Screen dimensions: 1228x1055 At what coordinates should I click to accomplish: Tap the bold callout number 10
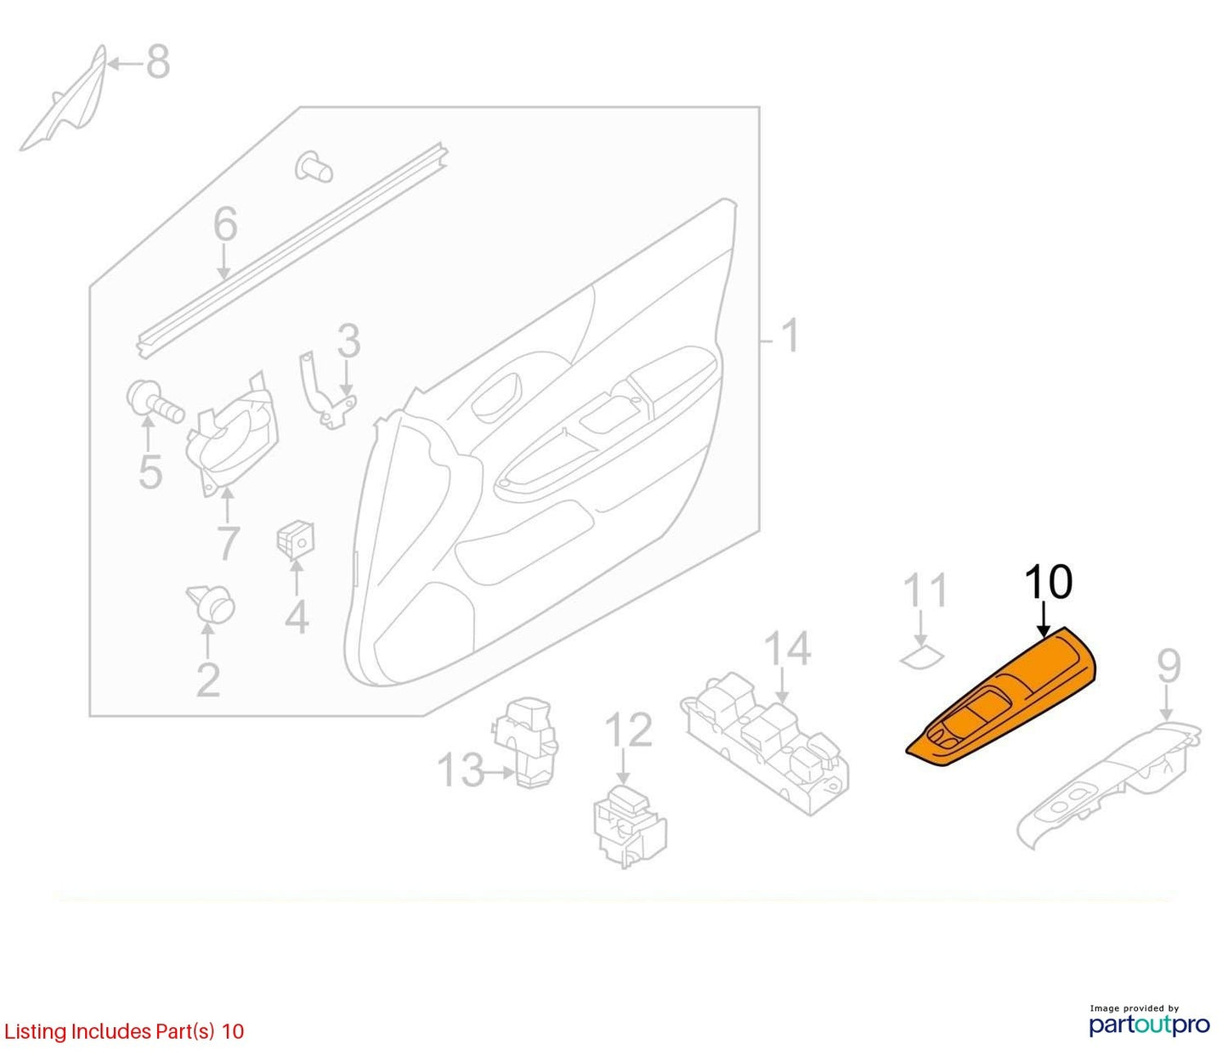[x=1049, y=583]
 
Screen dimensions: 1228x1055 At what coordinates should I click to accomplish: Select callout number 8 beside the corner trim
[x=158, y=62]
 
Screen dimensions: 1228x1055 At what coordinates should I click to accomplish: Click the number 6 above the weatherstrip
[x=225, y=223]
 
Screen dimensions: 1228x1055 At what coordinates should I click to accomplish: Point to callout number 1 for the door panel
[x=789, y=336]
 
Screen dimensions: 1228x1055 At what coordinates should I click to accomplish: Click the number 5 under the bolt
[x=150, y=471]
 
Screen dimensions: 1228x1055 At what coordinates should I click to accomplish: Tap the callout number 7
[x=228, y=544]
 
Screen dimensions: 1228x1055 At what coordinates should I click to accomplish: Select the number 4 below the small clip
[x=297, y=617]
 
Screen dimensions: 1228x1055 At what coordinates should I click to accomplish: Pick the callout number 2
[x=208, y=680]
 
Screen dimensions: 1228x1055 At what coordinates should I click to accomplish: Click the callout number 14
[x=787, y=648]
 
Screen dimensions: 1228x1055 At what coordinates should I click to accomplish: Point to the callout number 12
[x=629, y=730]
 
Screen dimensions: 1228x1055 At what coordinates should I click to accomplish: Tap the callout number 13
[x=461, y=770]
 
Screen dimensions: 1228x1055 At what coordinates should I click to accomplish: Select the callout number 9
[x=1169, y=666]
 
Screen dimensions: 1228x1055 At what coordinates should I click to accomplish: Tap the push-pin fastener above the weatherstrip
[x=314, y=166]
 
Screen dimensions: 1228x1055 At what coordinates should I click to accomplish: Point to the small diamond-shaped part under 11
[x=922, y=657]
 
